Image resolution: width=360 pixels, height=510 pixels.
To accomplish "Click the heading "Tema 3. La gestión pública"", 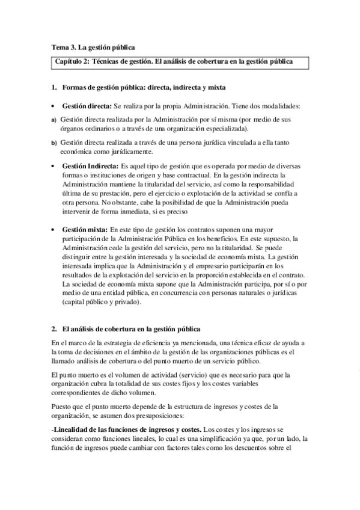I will [93, 46].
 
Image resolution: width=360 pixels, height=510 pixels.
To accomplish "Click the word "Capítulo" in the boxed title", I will [71, 62].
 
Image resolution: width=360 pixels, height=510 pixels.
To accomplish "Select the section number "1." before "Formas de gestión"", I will [54, 88].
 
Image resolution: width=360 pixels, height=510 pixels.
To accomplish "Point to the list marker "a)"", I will [53, 120].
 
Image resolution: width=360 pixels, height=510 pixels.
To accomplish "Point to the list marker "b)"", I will [53, 143].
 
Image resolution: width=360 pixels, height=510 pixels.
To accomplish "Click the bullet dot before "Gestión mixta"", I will [54, 230].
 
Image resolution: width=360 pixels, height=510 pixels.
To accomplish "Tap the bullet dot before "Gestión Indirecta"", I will [54, 165].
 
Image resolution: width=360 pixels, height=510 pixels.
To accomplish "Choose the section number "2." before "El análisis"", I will [54, 328].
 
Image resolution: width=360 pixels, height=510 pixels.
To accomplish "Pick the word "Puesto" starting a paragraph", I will [62, 407].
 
